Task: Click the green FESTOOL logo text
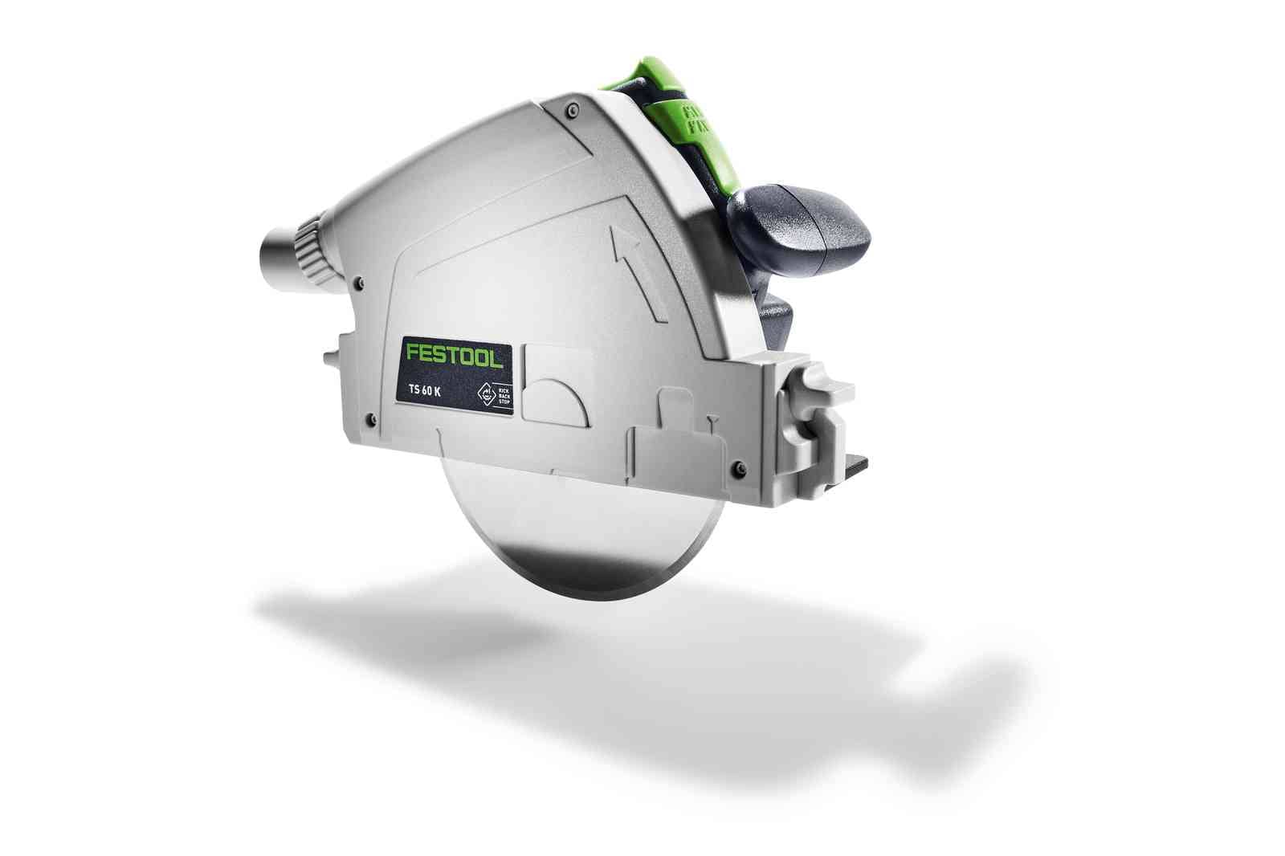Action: [x=455, y=355]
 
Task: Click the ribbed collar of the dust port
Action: [x=309, y=245]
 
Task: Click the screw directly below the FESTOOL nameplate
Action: [x=369, y=418]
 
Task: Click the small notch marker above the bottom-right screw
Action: [x=711, y=419]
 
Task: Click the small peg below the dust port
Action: [x=331, y=357]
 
